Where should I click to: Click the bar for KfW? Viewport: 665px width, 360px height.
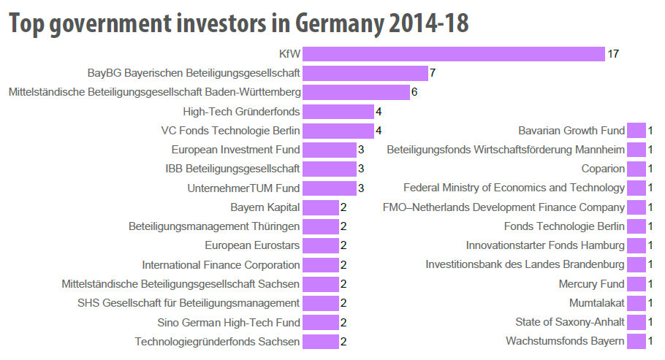point(453,54)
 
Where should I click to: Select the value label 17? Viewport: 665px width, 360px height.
point(613,54)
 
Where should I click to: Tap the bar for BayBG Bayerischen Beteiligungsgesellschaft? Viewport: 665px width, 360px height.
point(365,73)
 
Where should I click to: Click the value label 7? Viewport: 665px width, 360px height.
point(433,73)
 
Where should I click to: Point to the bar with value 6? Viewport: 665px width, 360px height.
point(356,92)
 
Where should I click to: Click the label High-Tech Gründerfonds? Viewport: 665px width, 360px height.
point(241,112)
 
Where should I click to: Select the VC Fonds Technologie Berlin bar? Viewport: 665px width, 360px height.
point(338,131)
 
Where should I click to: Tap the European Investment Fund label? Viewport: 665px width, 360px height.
point(235,150)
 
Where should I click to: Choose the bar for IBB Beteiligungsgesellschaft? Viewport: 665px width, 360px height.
point(329,169)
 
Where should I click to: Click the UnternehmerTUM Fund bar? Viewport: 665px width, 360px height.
point(329,188)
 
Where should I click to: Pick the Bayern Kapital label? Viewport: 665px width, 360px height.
point(265,207)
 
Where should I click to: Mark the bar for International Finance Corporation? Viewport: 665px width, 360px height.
point(320,264)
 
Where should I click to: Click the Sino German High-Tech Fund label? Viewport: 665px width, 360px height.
point(228,322)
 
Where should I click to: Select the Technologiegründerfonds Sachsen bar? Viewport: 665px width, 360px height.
point(320,341)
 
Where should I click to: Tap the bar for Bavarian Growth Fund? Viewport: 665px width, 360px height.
point(636,131)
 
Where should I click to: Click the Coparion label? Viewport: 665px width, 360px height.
point(603,169)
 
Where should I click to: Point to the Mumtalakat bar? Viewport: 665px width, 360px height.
point(636,303)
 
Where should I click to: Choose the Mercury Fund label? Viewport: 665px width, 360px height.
point(591,284)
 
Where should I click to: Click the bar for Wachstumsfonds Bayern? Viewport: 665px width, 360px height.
point(636,341)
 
